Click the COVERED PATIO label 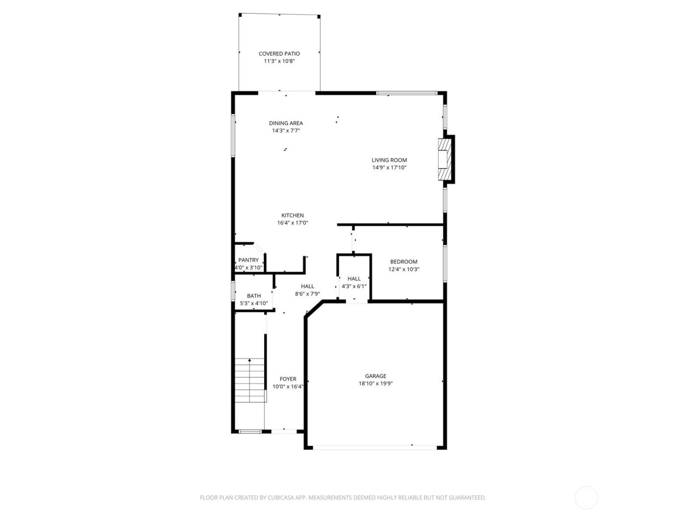click(x=279, y=53)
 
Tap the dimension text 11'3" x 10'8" click(x=279, y=61)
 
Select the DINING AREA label click(x=286, y=123)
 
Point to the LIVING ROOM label click(x=389, y=160)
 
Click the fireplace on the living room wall click(x=444, y=159)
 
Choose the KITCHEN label click(x=293, y=215)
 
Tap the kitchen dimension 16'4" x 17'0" click(x=293, y=223)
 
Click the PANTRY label click(x=248, y=260)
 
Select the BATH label click(x=254, y=296)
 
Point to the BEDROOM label click(x=404, y=261)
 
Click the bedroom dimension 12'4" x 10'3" click(x=404, y=269)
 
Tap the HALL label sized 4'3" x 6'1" click(x=354, y=279)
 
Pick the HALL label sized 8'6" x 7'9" click(x=307, y=286)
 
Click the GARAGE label click(x=375, y=376)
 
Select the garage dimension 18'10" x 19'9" click(x=375, y=384)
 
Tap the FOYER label click(x=288, y=379)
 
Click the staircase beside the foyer click(x=250, y=380)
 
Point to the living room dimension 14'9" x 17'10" click(x=389, y=168)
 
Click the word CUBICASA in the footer click(x=280, y=497)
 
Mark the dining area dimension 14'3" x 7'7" click(x=286, y=131)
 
